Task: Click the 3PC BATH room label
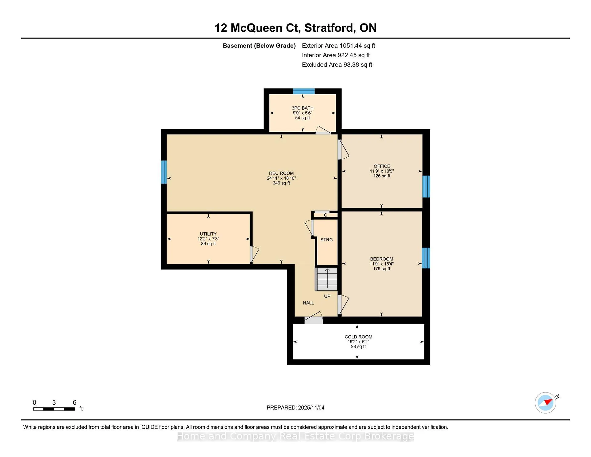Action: pyautogui.click(x=303, y=108)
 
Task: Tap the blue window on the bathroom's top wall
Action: pyautogui.click(x=304, y=91)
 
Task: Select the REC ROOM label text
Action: pyautogui.click(x=281, y=173)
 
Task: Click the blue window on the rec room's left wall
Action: pyautogui.click(x=164, y=172)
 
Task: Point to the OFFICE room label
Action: pyautogui.click(x=382, y=166)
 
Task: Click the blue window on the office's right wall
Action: pyautogui.click(x=426, y=187)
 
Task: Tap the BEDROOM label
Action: pyautogui.click(x=382, y=259)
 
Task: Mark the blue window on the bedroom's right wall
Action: pyautogui.click(x=426, y=258)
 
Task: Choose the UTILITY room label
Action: pyautogui.click(x=208, y=234)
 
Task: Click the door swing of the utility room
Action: pyautogui.click(x=255, y=254)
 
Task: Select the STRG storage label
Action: pyautogui.click(x=327, y=240)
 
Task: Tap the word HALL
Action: pyautogui.click(x=308, y=303)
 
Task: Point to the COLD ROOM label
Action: pyautogui.click(x=359, y=337)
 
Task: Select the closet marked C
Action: pyautogui.click(x=325, y=215)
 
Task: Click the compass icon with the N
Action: pyautogui.click(x=546, y=402)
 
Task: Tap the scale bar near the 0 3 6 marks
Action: pyautogui.click(x=54, y=409)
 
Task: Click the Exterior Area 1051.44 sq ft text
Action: pyautogui.click(x=339, y=46)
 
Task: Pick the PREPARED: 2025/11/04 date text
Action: pyautogui.click(x=295, y=407)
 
